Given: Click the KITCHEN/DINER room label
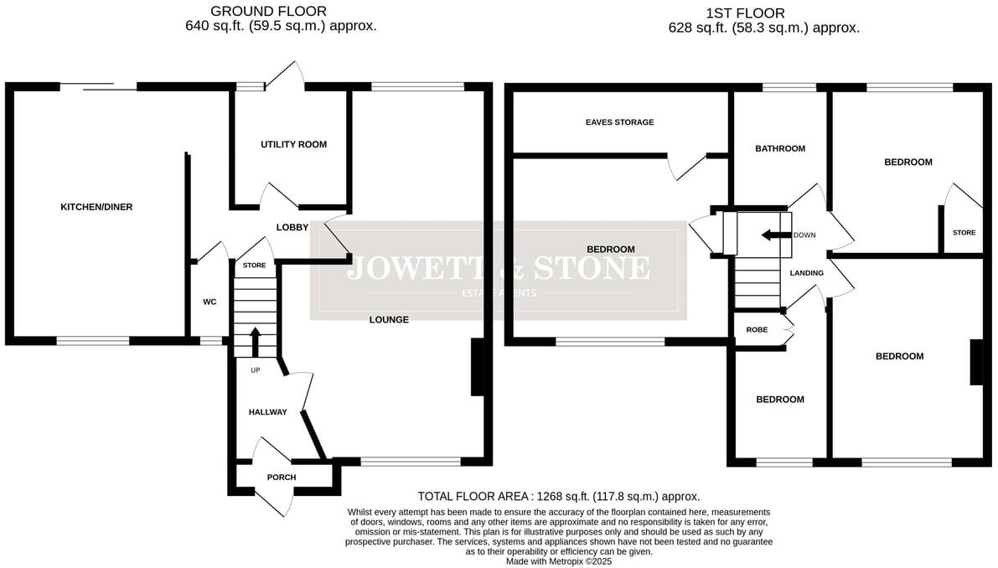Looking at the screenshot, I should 96,207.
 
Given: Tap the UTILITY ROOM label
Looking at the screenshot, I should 293,144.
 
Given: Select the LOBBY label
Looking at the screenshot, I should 292,227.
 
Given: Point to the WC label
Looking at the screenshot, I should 209,302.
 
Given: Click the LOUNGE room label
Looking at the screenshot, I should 387,319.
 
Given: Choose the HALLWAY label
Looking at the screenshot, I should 267,412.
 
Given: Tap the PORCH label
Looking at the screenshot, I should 281,478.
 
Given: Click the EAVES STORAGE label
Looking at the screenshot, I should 619,122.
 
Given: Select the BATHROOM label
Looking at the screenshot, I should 779,148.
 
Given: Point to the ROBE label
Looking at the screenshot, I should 757,330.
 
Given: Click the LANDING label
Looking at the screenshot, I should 806,272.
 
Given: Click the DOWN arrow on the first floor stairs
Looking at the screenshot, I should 776,235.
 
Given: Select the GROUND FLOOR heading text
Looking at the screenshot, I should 268,12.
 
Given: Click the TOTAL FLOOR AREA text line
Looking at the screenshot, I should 558,496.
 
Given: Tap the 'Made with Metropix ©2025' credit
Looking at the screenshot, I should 560,560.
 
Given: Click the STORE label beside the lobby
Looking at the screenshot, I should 254,266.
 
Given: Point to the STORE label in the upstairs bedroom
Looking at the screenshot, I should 964,232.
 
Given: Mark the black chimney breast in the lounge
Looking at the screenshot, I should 477,366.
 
